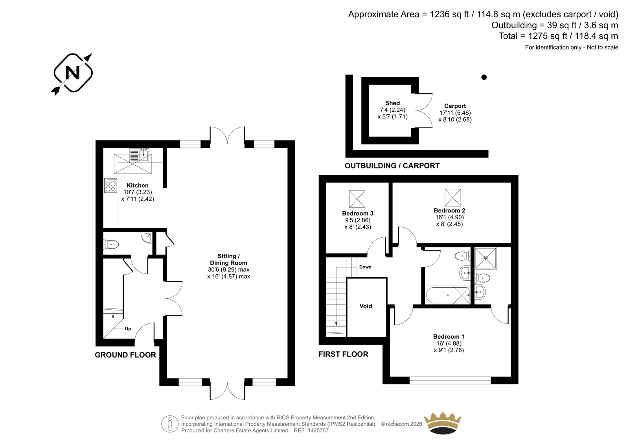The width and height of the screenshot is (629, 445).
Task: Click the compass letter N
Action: [x=72, y=73]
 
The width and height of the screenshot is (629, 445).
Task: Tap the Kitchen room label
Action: [x=138, y=185]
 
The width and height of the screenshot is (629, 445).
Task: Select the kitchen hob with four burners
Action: [x=110, y=186]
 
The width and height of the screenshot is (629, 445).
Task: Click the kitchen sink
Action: [x=139, y=155]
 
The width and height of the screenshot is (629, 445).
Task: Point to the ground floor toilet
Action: [x=111, y=244]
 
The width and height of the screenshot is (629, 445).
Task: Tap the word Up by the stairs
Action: [x=128, y=329]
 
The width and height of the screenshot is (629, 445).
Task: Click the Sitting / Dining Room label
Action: [x=228, y=259]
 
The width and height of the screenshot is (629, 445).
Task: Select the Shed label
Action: [x=392, y=103]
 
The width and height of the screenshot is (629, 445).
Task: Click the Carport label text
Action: [x=455, y=106]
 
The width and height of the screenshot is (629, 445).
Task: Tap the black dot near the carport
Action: [x=484, y=77]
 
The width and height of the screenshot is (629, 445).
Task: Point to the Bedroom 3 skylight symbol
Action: [x=357, y=199]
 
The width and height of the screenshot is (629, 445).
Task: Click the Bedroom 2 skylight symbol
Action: [x=452, y=198]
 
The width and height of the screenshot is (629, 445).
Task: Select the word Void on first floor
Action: [x=366, y=306]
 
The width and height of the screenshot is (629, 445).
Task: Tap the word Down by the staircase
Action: [x=365, y=267]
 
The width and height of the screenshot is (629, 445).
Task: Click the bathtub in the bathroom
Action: [x=448, y=295]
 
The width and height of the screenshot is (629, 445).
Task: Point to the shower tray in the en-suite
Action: [x=486, y=258]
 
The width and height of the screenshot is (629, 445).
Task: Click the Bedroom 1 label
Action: [x=449, y=336]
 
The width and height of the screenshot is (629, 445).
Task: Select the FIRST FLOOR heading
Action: [x=343, y=354]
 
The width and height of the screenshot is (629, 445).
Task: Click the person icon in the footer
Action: [x=169, y=424]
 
